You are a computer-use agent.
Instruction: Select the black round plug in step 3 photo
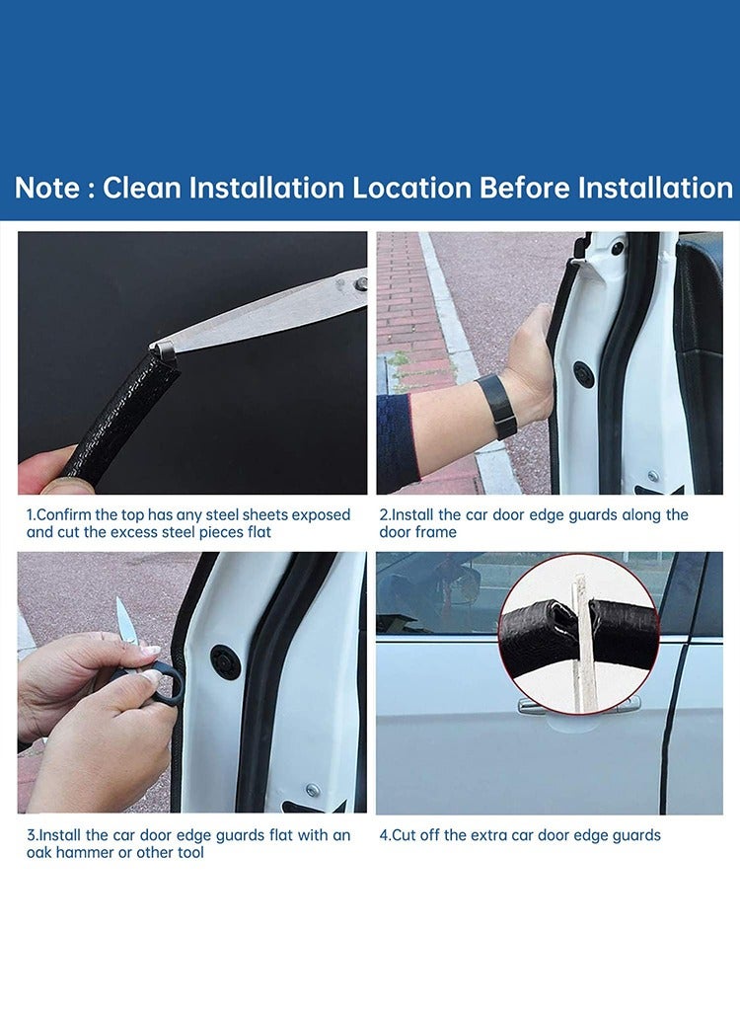225,661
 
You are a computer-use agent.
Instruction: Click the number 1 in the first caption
30,515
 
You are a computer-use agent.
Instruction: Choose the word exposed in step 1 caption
321,515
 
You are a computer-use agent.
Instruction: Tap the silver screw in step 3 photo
312,790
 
